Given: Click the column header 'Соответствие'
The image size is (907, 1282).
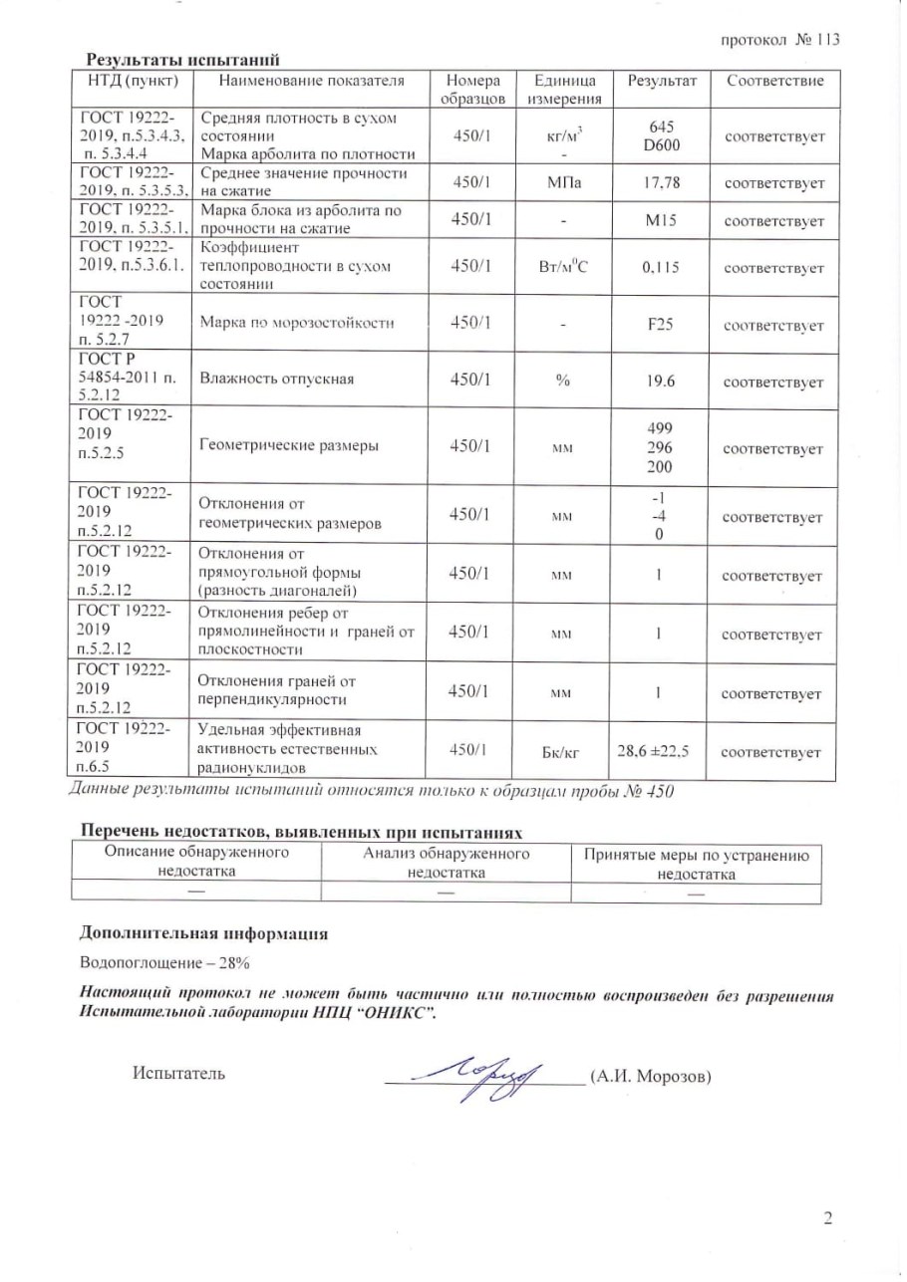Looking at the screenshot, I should pos(774,80).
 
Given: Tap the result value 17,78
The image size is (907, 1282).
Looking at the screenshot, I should pos(661,183).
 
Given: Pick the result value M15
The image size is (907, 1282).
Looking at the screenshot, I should pos(661,220).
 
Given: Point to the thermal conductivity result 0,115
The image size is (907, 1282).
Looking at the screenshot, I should pos(661,268).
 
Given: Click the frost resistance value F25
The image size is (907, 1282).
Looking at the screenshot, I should pos(661,325).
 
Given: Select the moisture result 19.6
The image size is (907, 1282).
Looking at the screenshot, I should pos(661,382).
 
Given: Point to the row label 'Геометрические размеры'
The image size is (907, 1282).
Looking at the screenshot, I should pos(289,446).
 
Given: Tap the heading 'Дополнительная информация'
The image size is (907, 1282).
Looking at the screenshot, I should pos(203,933).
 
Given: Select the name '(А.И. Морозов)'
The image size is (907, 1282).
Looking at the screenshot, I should pos(650,1076).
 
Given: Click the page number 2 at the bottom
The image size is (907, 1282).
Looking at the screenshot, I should pos(827,1218).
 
